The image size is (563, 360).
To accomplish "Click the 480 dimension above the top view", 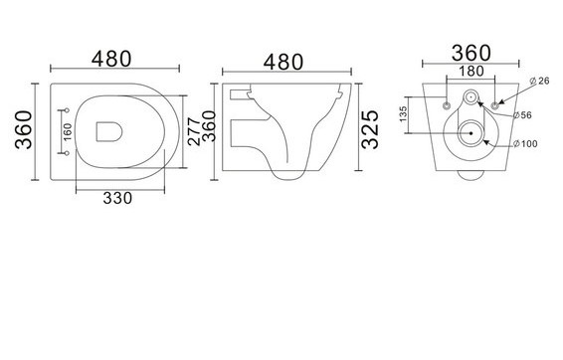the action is point(111,60).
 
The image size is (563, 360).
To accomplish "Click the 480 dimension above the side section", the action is point(283,63).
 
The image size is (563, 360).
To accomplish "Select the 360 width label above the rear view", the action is point(470,53).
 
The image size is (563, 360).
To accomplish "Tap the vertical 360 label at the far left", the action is point(24,130).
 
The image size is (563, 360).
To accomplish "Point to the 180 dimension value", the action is point(471,71).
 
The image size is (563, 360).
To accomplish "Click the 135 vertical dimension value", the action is point(403,113).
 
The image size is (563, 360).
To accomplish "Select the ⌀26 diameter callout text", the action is point(539,81).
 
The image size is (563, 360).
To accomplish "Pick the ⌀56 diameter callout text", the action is point(522,115).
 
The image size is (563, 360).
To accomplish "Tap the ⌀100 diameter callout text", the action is point(525,144).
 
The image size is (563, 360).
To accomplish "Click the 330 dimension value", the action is point(117,198).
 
